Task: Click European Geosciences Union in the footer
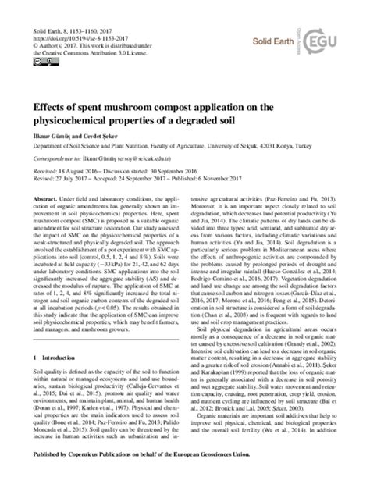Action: pos(276,473)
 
